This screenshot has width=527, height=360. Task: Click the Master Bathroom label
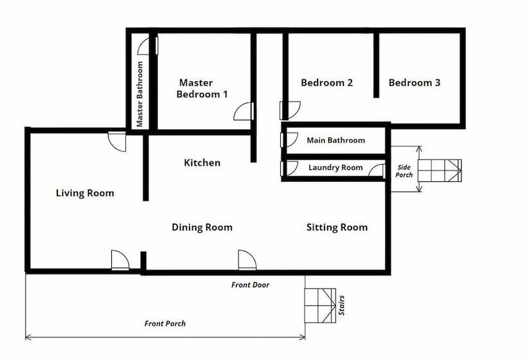[140, 94]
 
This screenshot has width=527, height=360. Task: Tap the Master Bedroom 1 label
[202, 88]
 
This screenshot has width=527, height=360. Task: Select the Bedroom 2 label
[326, 83]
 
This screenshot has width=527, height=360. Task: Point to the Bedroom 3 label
[414, 83]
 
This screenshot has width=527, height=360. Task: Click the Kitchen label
[202, 163]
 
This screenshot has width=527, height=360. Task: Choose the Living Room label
[85, 193]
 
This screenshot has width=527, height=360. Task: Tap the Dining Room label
[202, 227]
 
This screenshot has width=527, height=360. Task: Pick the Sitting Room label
[337, 227]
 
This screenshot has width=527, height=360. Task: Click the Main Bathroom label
[335, 140]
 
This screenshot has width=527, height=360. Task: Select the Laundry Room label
[335, 167]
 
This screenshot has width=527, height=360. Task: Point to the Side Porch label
[404, 171]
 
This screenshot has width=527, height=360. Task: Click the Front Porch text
[165, 323]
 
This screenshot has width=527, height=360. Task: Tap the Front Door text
[251, 285]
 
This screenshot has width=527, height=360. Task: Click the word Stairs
[341, 305]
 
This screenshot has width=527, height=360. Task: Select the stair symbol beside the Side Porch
[440, 170]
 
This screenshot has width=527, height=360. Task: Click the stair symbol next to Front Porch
[320, 305]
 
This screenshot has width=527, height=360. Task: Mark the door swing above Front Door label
[247, 260]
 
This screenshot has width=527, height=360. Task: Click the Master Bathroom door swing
[148, 46]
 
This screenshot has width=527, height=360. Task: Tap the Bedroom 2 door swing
[290, 111]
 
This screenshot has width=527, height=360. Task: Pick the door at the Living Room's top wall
[117, 141]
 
